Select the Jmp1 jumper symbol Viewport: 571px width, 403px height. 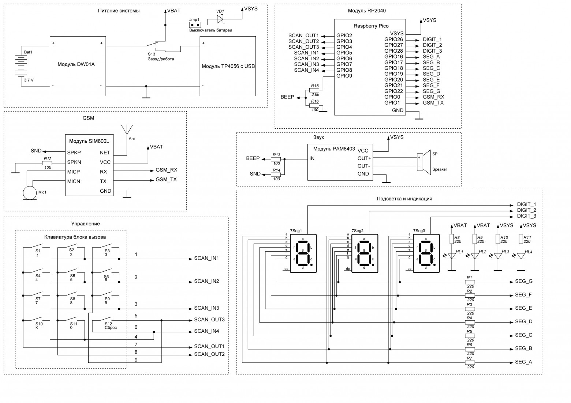click(195, 25)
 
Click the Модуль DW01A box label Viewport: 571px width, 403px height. click(76, 65)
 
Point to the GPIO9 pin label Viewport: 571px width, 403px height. click(344, 76)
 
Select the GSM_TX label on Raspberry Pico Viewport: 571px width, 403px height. click(433, 103)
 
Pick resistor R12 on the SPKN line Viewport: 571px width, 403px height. click(47, 162)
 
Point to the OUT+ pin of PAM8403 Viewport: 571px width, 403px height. click(364, 158)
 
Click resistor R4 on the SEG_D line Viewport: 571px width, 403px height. click(470, 322)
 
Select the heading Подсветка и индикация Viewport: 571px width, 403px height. click(404, 199)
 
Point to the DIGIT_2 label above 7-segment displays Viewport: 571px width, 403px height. click(526, 210)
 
